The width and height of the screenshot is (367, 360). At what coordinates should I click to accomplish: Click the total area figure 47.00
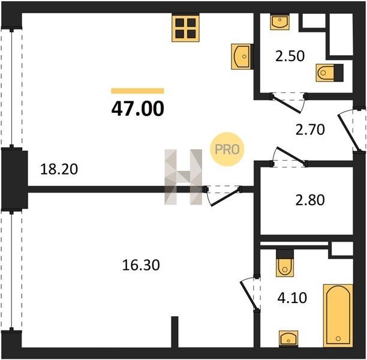[x=138, y=109]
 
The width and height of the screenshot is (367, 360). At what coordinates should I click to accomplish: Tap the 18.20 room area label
[x=59, y=169]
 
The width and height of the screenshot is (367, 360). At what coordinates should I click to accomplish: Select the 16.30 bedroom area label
[x=141, y=265]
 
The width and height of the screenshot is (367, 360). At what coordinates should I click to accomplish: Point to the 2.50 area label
[x=290, y=56]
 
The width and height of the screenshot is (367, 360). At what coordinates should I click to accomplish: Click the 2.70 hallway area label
[x=310, y=130]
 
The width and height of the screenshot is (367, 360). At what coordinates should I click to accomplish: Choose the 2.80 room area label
[x=310, y=200]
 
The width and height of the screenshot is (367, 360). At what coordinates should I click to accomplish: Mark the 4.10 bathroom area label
[x=292, y=298]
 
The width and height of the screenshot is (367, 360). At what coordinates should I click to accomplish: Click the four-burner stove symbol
[x=186, y=29]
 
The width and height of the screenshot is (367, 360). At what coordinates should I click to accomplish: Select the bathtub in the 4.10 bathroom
[x=338, y=316]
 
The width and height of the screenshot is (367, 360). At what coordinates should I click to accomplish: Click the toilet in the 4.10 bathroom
[x=285, y=263]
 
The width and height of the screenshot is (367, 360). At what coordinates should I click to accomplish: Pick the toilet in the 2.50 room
[x=330, y=73]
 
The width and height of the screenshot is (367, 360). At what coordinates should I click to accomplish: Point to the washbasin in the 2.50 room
[x=279, y=22]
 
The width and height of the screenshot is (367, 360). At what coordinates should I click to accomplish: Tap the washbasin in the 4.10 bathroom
[x=288, y=338]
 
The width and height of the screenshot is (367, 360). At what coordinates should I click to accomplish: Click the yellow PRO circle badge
[x=227, y=149]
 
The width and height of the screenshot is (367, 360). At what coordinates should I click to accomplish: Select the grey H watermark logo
[x=183, y=177]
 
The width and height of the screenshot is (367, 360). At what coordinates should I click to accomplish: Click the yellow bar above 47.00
[x=138, y=91]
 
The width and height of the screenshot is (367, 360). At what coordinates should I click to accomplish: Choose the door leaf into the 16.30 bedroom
[x=225, y=197]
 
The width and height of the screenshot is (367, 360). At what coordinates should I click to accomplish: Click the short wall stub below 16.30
[x=175, y=332]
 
